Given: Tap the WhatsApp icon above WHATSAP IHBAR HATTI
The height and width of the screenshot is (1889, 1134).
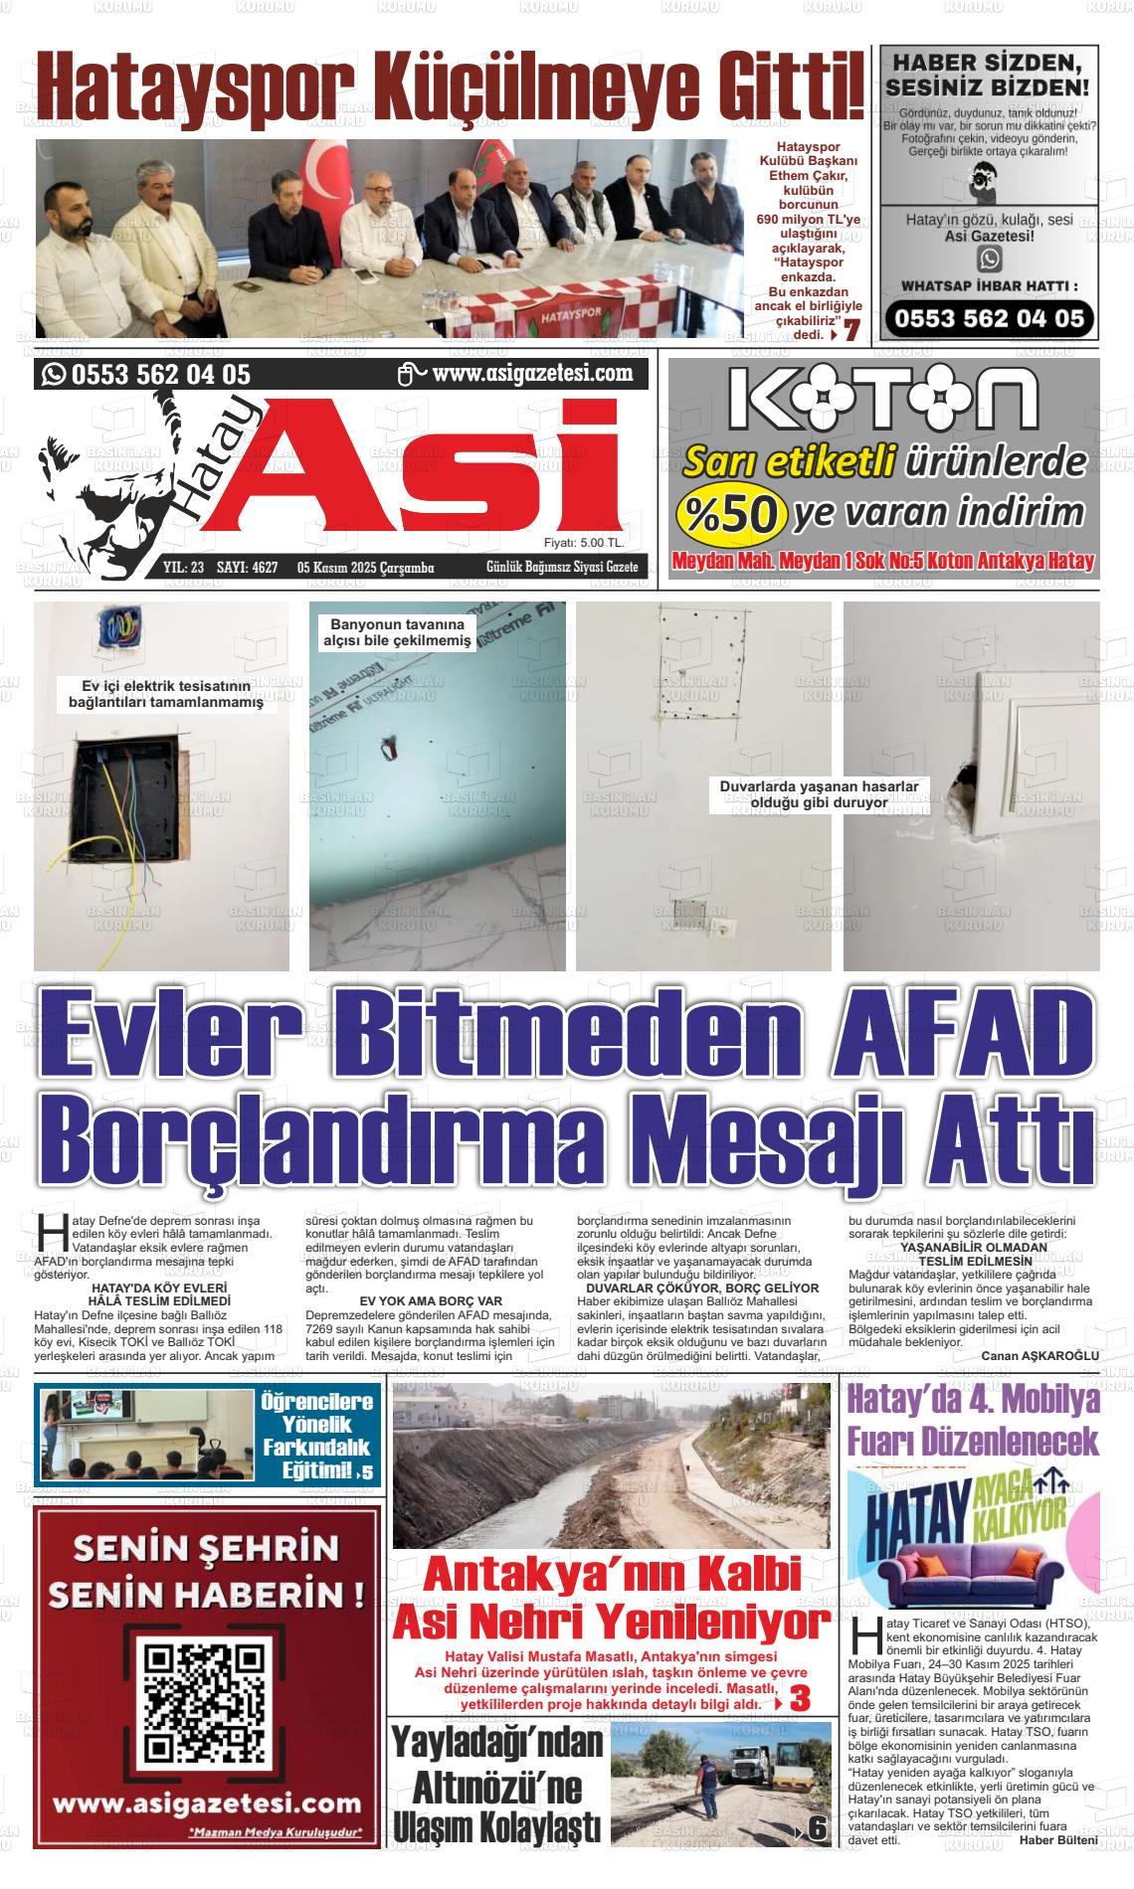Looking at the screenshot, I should coord(989,258).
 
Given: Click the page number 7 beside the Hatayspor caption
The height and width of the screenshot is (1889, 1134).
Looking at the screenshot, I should coord(852,332).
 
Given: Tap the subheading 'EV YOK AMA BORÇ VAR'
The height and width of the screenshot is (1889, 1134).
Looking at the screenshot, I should coord(430,1300).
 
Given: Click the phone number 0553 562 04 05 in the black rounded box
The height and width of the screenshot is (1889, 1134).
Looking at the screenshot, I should coord(989,319).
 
